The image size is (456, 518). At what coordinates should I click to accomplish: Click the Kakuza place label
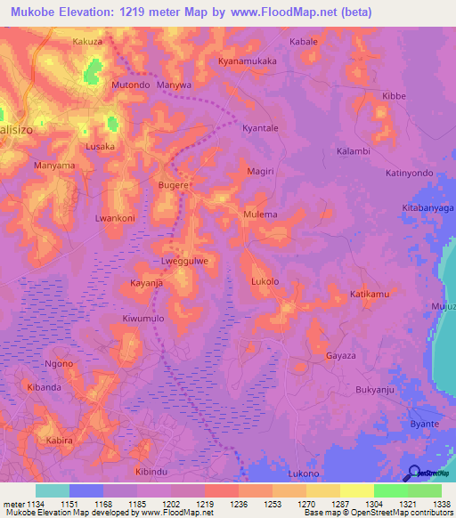click(88, 42)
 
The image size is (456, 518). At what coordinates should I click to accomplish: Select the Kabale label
click(304, 42)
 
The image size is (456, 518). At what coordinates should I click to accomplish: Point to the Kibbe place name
click(394, 95)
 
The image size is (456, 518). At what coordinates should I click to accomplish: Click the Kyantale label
click(261, 128)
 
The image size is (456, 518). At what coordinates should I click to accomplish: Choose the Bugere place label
click(174, 185)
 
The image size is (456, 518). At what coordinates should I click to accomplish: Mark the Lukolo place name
click(265, 282)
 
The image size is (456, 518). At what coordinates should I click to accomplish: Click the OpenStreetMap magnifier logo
click(413, 473)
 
